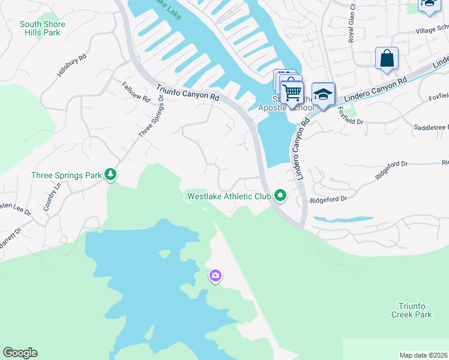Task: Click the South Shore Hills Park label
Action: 42,28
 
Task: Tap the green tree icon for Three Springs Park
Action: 110,175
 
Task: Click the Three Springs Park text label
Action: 66,176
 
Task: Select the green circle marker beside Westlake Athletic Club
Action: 280,195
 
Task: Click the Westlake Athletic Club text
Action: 229,196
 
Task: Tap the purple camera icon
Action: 215,276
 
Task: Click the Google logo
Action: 20,353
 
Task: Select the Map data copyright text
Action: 424,355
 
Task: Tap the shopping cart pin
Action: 292,93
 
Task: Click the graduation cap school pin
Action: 324,95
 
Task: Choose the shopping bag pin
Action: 387,59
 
